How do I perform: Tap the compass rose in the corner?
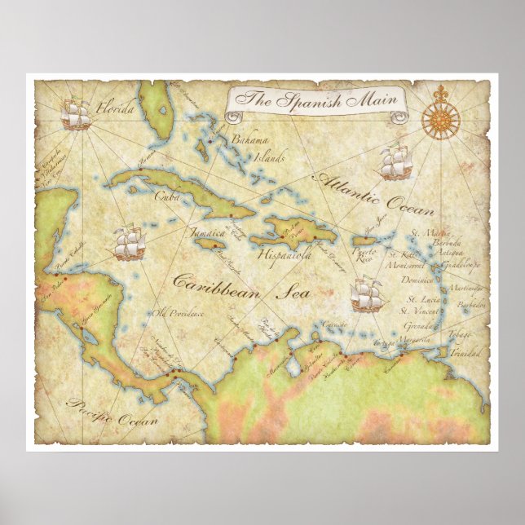pos(440,119)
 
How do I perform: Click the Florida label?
pos(114,107)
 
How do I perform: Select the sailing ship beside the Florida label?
pos(76,115)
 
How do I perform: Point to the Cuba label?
pos(167,196)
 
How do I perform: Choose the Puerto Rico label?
pos(367,254)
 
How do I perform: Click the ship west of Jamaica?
pos(129,243)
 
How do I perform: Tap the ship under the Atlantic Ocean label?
pos(395,162)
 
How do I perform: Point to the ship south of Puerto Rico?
pos(367,295)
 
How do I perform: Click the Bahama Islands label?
pos(249,146)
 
